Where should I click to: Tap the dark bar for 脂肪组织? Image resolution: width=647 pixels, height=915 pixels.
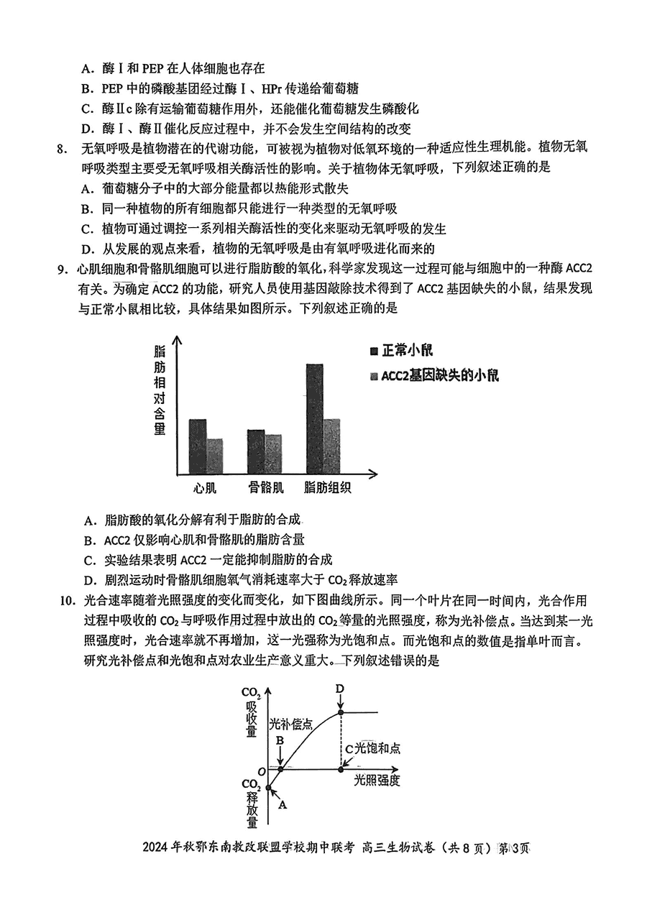pyautogui.click(x=314, y=418)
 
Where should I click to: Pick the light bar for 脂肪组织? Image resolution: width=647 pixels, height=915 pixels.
pyautogui.click(x=331, y=445)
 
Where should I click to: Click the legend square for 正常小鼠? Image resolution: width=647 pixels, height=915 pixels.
pyautogui.click(x=374, y=351)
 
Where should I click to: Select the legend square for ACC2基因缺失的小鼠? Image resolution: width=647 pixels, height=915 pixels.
pyautogui.click(x=374, y=376)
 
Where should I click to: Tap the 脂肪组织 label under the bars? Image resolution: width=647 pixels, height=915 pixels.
pyautogui.click(x=327, y=488)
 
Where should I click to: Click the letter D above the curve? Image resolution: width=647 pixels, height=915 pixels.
pyautogui.click(x=340, y=689)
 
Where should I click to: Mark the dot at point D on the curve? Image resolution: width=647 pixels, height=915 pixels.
pyautogui.click(x=341, y=712)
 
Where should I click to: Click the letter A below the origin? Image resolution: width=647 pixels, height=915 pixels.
pyautogui.click(x=283, y=806)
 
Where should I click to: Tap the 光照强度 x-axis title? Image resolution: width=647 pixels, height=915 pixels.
pyautogui.click(x=377, y=781)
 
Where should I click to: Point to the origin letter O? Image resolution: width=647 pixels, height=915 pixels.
pyautogui.click(x=262, y=771)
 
